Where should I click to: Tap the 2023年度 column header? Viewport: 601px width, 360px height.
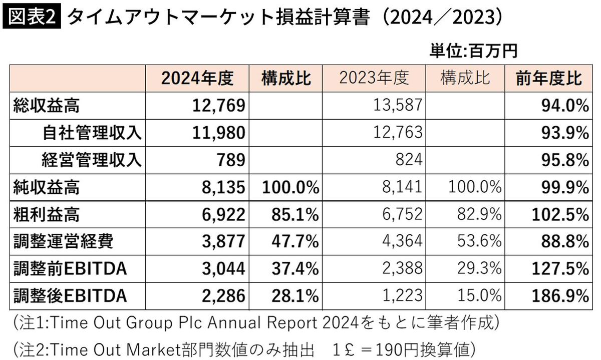pyautogui.click(x=374, y=78)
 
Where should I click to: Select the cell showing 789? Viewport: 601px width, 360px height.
pyautogui.click(x=231, y=160)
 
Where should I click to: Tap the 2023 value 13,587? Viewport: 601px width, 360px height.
pyautogui.click(x=398, y=105)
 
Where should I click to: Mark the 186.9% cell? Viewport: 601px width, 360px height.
pyautogui.click(x=560, y=295)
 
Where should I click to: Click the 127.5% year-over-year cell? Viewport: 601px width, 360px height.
pyautogui.click(x=560, y=268)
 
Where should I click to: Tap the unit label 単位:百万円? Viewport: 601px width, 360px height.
pyautogui.click(x=473, y=51)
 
